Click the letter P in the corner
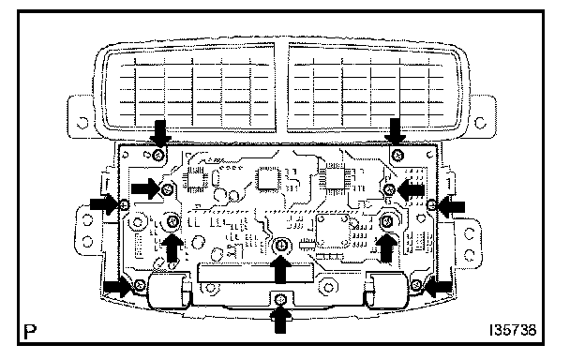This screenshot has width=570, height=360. (30, 331)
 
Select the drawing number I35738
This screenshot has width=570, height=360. (513, 330)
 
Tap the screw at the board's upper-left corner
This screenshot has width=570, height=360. (158, 156)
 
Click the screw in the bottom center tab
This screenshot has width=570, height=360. (280, 300)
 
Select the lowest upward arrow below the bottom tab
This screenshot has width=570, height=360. (280, 320)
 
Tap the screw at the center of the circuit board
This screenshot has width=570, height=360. (280, 246)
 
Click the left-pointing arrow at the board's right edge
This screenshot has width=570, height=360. (451, 207)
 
